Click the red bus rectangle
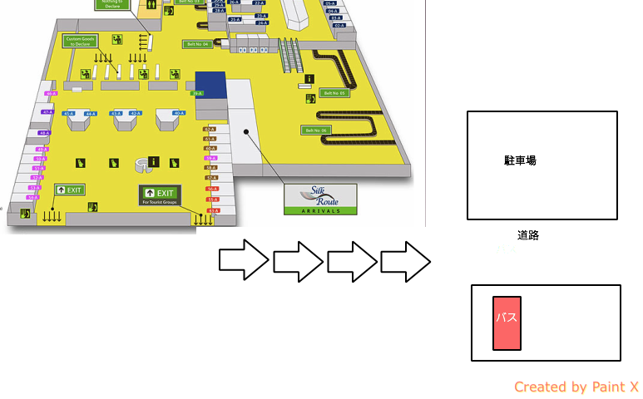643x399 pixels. point(507,323)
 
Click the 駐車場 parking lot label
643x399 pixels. point(520,160)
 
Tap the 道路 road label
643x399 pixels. point(528,235)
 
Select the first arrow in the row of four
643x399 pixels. point(244,261)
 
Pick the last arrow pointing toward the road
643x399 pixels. point(406,261)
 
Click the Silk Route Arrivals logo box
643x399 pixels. point(320,199)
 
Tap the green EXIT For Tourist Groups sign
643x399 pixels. point(160,195)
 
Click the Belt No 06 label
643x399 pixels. point(316,131)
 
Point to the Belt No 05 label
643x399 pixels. point(334,93)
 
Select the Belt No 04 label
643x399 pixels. point(198,44)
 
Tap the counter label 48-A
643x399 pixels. point(45,133)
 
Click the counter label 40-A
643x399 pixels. point(178,112)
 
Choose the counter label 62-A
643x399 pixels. point(210,130)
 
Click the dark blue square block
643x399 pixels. point(210,83)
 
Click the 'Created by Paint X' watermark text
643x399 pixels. point(576,387)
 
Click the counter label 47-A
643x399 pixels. point(47,112)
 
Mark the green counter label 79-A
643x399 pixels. point(198,94)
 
